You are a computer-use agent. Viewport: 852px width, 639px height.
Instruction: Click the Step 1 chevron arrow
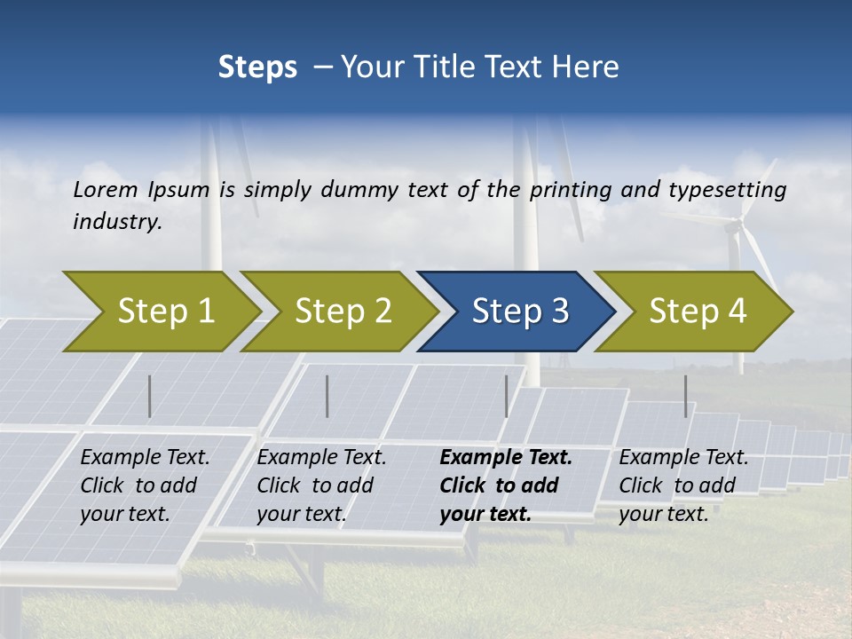pos(164,312)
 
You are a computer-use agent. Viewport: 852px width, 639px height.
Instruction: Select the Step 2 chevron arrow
pos(342,312)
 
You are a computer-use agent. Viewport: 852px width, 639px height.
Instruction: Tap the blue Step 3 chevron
pos(519,312)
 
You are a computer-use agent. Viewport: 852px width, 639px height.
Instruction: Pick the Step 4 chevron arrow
pos(697,312)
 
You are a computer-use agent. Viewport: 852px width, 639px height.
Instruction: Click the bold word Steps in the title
pos(257,67)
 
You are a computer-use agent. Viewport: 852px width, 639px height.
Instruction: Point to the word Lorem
pos(106,189)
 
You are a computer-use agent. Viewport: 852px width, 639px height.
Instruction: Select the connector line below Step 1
pos(150,396)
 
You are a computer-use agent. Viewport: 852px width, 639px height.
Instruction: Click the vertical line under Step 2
pos(327,396)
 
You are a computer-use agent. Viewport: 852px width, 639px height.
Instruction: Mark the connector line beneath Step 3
pos(507,396)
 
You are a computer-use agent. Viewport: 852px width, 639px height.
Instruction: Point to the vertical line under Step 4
pos(685,396)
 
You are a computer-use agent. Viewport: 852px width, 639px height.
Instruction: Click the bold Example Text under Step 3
pos(506,458)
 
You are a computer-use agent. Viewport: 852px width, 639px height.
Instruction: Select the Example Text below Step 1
pos(145,458)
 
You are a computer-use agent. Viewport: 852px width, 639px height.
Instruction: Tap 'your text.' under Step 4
pos(664,514)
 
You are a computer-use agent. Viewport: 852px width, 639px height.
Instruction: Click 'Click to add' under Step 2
pos(315,485)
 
